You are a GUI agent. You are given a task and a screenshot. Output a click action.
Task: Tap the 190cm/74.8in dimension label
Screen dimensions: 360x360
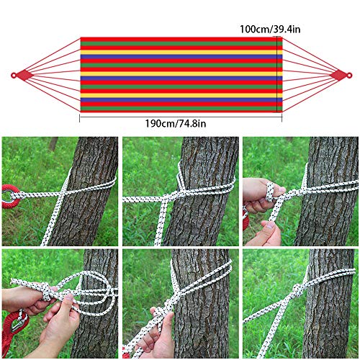176,123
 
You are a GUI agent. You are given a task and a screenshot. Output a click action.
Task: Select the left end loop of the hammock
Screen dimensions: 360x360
21,75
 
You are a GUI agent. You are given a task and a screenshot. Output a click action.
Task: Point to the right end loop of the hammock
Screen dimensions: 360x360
340,75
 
